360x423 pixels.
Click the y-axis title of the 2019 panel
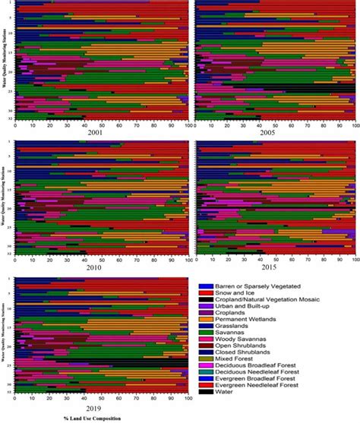[x=5, y=334]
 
